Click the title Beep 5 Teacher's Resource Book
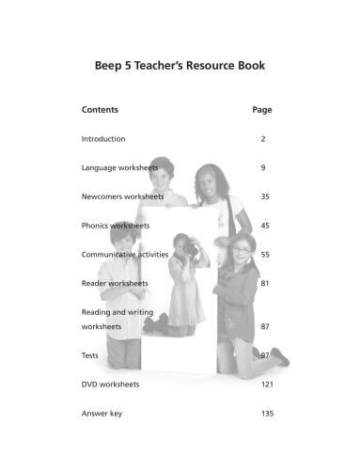pyautogui.click(x=180, y=66)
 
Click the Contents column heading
pyautogui.click(x=100, y=110)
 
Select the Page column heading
pyautogui.click(x=262, y=110)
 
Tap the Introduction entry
pyautogui.click(x=103, y=139)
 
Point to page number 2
pyautogui.click(x=263, y=139)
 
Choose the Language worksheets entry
pyautogui.click(x=119, y=167)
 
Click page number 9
pyautogui.click(x=263, y=167)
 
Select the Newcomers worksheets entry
pyautogui.click(x=123, y=196)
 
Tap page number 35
pyautogui.click(x=264, y=196)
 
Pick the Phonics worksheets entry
pyautogui.click(x=116, y=226)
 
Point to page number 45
pyautogui.click(x=264, y=226)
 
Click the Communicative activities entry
pyautogui.click(x=125, y=254)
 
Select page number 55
pyautogui.click(x=264, y=254)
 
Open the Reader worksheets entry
pyautogui.click(x=115, y=283)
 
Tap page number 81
pyautogui.click(x=264, y=283)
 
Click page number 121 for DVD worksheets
pyautogui.click(x=264, y=384)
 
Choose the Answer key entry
pyautogui.click(x=102, y=413)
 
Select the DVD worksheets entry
pyautogui.click(x=110, y=384)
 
